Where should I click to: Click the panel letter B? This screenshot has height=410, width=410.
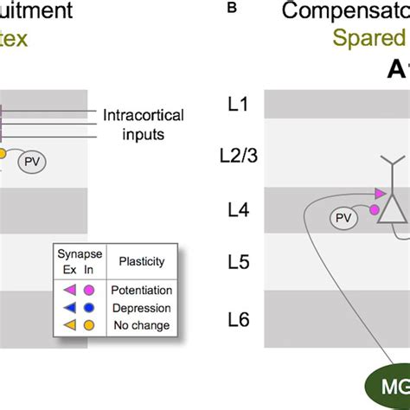coord(231,9)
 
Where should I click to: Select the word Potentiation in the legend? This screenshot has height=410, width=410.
coord(142,291)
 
